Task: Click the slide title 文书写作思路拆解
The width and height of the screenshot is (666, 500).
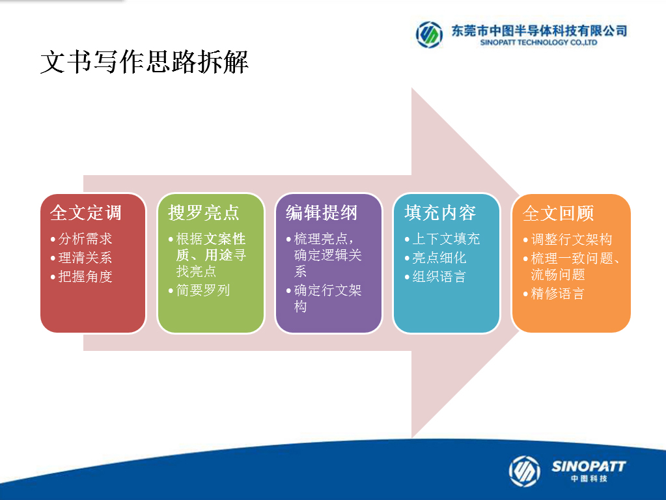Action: pyautogui.click(x=144, y=62)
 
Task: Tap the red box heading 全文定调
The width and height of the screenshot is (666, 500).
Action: pyautogui.click(x=86, y=213)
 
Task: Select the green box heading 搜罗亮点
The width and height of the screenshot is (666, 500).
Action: pyautogui.click(x=204, y=213)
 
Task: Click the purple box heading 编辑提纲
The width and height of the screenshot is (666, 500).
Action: pyautogui.click(x=322, y=213)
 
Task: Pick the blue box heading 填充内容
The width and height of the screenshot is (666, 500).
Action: pyautogui.click(x=440, y=213)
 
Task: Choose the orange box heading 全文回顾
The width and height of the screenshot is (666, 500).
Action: pyautogui.click(x=558, y=214)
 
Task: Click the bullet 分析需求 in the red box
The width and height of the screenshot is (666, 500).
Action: pyautogui.click(x=85, y=239)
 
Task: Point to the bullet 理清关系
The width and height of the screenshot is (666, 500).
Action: pyautogui.click(x=85, y=257)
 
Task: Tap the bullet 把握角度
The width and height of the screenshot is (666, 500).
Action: pyautogui.click(x=85, y=277)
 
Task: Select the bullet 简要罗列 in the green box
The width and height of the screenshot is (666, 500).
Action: pyautogui.click(x=203, y=290)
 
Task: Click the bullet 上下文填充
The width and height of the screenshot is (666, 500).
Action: pyautogui.click(x=446, y=239)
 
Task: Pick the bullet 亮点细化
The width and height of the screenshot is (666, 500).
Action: pyautogui.click(x=439, y=257)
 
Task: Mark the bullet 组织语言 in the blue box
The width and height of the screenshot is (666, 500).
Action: pyautogui.click(x=439, y=277)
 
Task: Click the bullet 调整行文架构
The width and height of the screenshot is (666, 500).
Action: pyautogui.click(x=572, y=239)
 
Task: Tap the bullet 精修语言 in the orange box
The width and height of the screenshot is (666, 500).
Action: pyautogui.click(x=557, y=294)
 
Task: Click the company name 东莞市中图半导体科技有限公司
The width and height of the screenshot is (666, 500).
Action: pyautogui.click(x=539, y=31)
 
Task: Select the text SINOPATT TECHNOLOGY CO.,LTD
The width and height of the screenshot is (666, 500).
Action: pyautogui.click(x=538, y=42)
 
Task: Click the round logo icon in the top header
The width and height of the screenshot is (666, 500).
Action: pyautogui.click(x=429, y=35)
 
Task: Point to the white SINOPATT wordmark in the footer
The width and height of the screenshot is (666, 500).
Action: pyautogui.click(x=589, y=466)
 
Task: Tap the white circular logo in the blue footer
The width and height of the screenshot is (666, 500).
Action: pyautogui.click(x=525, y=471)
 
